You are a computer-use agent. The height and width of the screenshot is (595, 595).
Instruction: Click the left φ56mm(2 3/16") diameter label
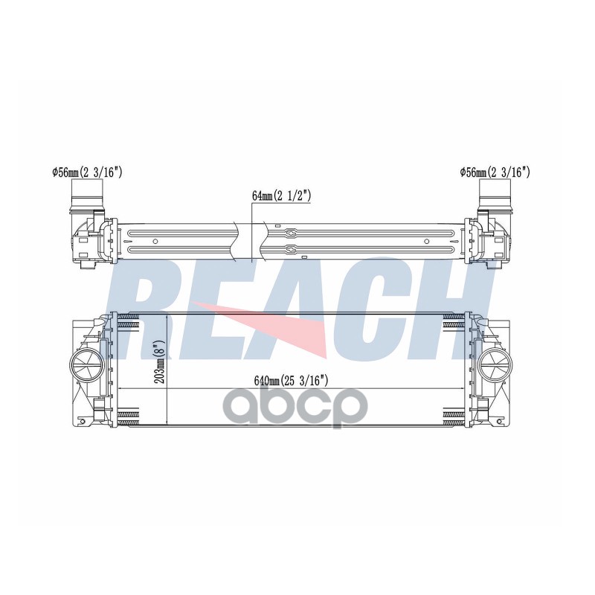tap(87, 173)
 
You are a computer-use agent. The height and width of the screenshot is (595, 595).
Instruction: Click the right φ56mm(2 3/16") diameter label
tap(495, 173)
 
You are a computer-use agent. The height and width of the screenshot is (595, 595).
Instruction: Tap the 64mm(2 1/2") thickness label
tap(282, 196)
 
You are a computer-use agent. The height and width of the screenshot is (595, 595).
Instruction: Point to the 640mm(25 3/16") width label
tap(291, 380)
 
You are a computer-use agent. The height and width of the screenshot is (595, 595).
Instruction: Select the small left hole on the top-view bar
tap(155, 241)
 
